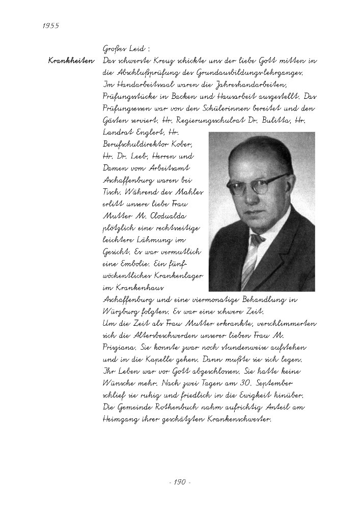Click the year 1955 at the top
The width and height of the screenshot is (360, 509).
[49, 26]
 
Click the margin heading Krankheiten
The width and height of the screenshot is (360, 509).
[71, 61]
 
